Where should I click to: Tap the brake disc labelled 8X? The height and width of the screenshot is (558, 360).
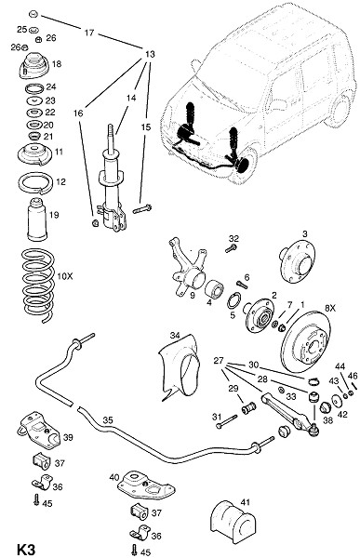(306, 342)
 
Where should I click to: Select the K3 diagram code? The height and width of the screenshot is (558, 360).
(26, 549)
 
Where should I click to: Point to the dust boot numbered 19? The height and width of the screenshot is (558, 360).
(37, 219)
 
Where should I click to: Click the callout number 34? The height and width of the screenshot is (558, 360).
(175, 335)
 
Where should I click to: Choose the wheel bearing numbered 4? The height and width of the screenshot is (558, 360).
(215, 288)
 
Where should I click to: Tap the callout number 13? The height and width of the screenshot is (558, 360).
(151, 54)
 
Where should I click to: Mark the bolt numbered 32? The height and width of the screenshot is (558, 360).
(232, 247)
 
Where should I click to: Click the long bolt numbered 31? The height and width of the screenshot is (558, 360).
(226, 421)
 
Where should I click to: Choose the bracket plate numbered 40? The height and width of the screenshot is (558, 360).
(146, 485)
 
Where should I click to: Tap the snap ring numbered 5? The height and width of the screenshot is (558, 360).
(233, 300)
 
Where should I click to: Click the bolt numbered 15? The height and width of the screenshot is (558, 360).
(142, 209)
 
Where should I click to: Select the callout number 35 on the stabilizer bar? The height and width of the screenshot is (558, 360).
(108, 420)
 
